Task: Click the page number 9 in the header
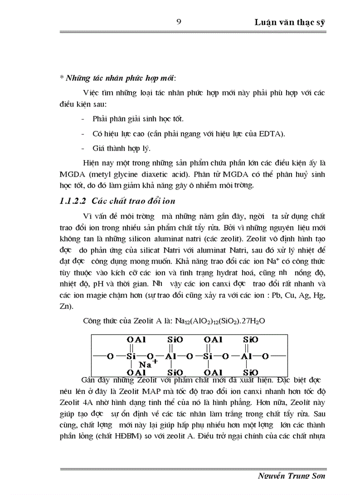point(178,22)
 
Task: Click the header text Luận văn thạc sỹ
point(289,22)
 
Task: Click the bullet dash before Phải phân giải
point(84,119)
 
